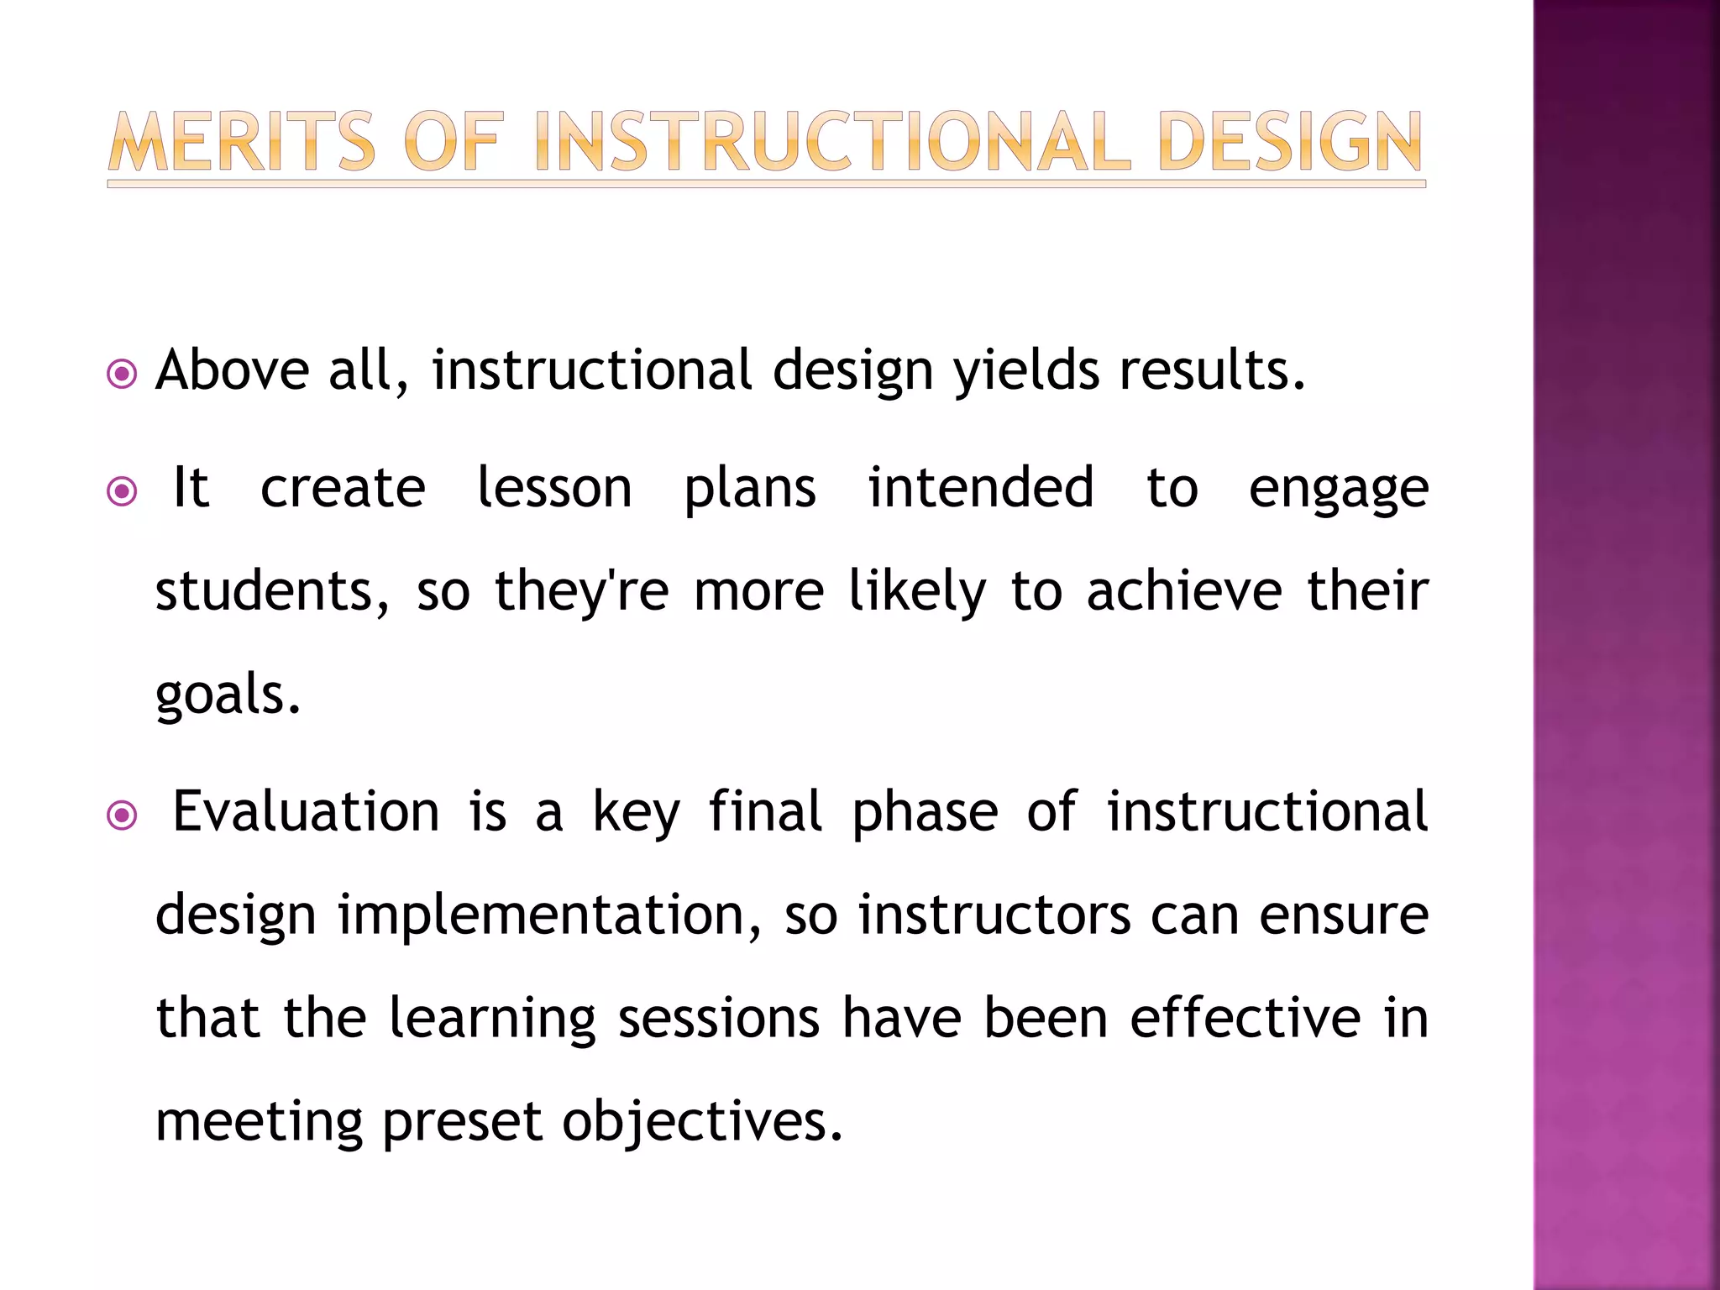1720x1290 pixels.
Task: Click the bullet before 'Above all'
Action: tap(123, 374)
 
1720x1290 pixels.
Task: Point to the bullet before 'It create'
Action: tap(123, 490)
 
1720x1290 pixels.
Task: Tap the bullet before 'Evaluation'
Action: tap(123, 815)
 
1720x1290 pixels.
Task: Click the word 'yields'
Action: tap(1025, 370)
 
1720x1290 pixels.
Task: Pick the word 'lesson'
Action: tap(554, 488)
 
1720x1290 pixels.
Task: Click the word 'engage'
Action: tap(1338, 490)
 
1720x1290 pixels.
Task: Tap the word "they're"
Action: tap(581, 591)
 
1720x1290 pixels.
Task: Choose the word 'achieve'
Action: tap(1184, 591)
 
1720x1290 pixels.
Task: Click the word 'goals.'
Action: tap(228, 695)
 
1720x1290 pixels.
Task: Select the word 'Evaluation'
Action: tap(306, 812)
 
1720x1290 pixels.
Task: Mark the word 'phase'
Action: tap(925, 814)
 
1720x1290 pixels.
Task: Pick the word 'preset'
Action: tap(462, 1123)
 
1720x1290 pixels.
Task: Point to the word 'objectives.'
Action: tap(702, 1123)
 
